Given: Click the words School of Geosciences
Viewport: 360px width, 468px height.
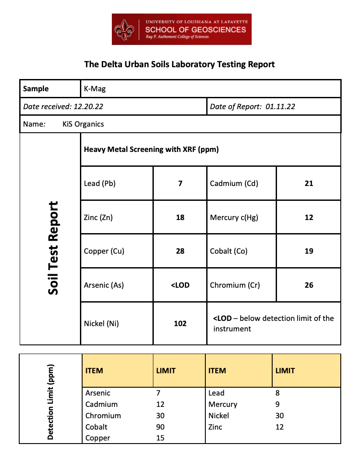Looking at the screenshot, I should (195, 30).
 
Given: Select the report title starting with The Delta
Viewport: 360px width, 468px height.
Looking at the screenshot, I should (180, 64).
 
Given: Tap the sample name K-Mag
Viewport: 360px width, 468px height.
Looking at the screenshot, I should (95, 89).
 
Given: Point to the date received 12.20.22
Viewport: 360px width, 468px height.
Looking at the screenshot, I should (88, 107).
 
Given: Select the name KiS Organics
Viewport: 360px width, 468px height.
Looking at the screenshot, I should (83, 124).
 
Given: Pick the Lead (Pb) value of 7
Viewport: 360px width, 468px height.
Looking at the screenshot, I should (180, 183).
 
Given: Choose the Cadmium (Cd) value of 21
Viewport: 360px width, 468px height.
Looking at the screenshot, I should (309, 183).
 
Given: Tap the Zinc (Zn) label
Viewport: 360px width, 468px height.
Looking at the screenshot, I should (98, 217).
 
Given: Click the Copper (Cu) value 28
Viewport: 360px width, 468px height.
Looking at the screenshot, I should (180, 251).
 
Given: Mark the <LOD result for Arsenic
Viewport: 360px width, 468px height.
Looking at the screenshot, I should (180, 285).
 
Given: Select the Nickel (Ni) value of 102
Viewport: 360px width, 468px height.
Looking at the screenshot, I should (180, 323).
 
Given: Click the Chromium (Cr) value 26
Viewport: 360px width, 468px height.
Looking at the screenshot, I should (309, 285).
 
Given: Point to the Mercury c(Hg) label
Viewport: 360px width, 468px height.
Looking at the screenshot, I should (234, 217).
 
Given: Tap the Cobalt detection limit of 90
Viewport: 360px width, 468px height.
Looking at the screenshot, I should (160, 427).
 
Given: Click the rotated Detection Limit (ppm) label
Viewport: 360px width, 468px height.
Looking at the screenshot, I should (51, 402).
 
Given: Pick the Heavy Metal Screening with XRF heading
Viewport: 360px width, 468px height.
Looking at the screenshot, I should (151, 149).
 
